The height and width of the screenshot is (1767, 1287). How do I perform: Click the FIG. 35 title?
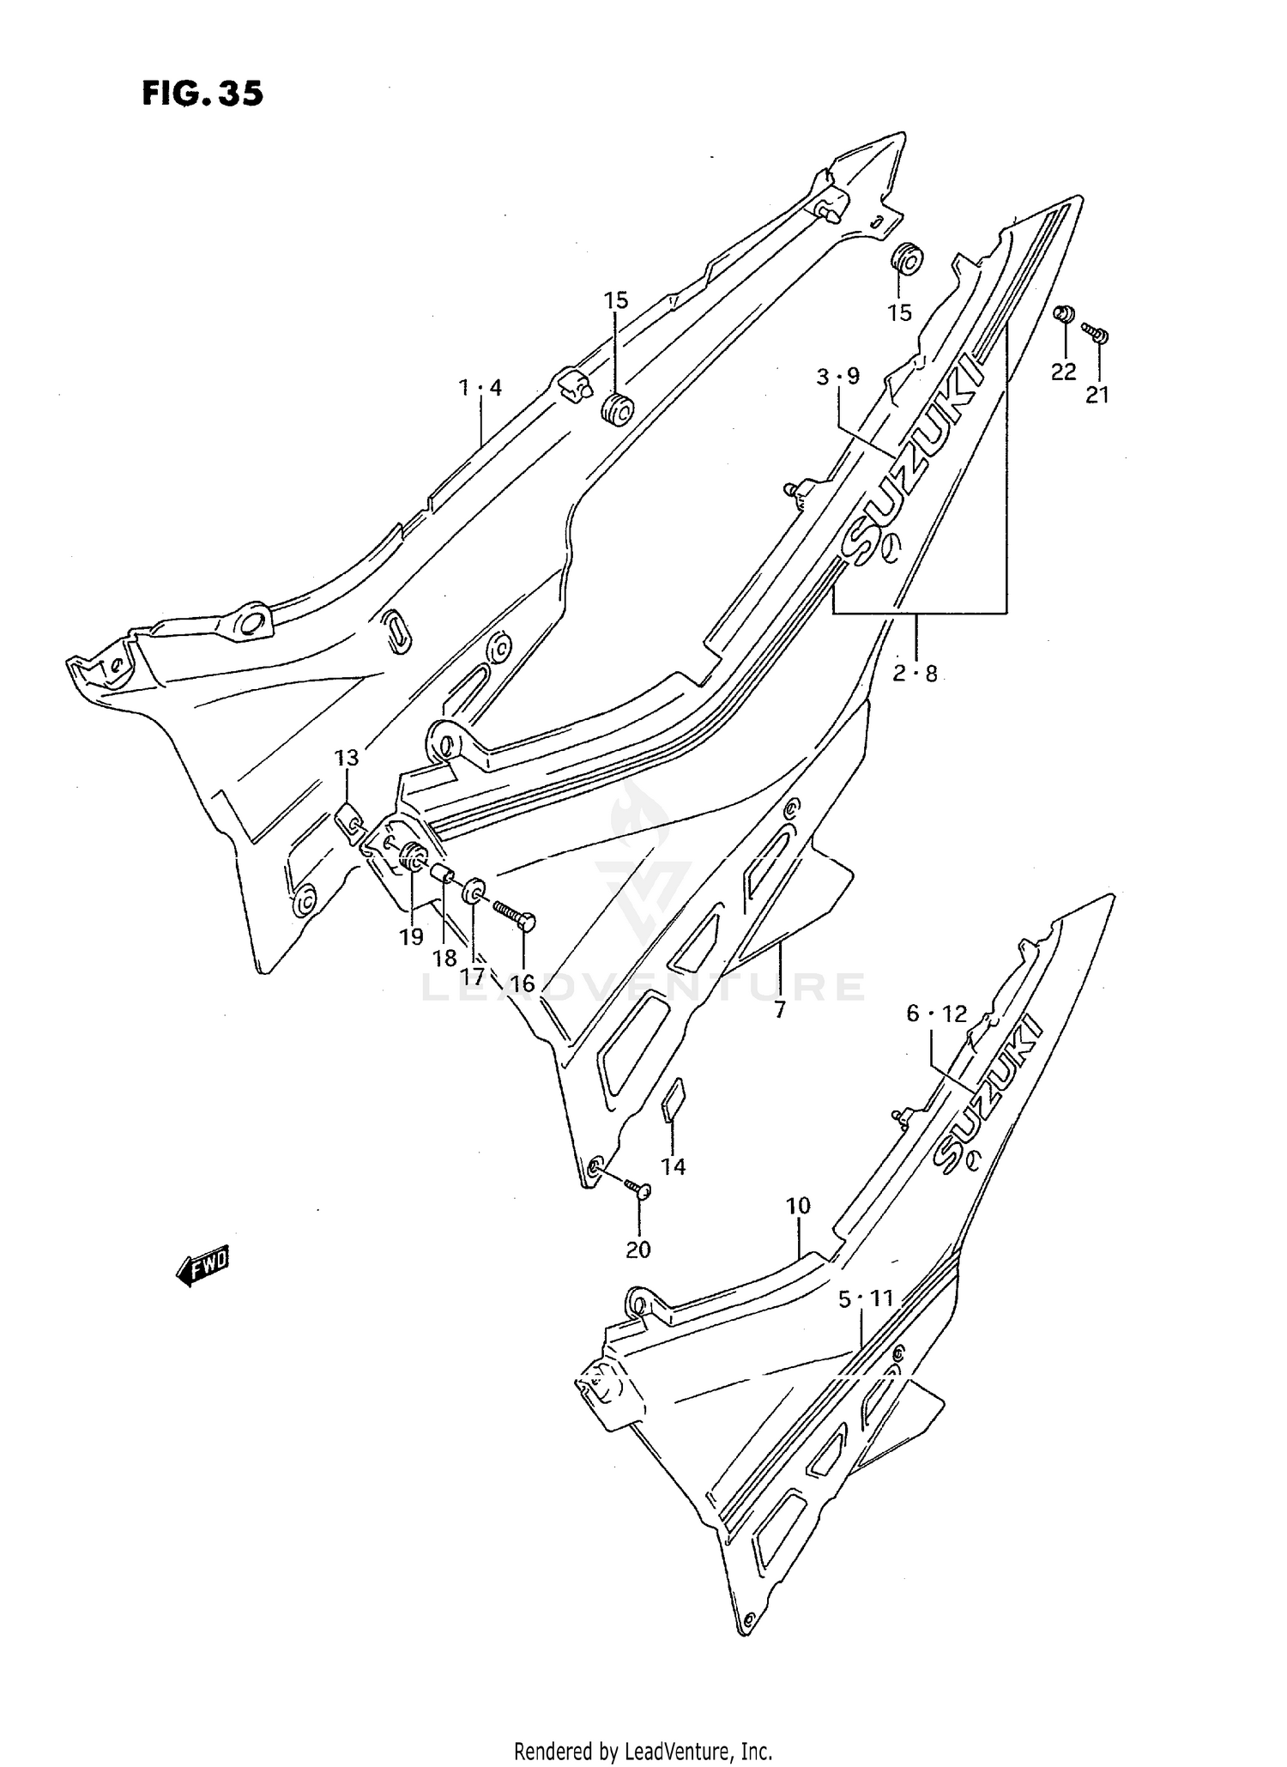click(x=202, y=94)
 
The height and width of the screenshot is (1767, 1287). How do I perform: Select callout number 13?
click(x=347, y=758)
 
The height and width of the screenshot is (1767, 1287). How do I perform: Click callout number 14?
click(x=674, y=1166)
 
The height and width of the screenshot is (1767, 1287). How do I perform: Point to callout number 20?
click(x=638, y=1250)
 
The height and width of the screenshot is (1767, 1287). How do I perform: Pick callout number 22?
click(x=1064, y=372)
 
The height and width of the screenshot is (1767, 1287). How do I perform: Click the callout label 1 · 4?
click(x=480, y=388)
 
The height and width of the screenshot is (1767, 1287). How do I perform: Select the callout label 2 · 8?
click(x=915, y=674)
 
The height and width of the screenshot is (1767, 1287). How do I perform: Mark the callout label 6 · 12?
click(x=937, y=1014)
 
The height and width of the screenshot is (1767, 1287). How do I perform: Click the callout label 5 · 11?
click(x=867, y=1299)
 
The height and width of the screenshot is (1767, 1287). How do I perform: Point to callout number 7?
click(x=779, y=1010)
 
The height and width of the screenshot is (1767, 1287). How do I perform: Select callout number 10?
click(x=798, y=1206)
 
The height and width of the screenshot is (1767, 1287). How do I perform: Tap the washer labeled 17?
click(x=473, y=892)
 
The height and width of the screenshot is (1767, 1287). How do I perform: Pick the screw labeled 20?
click(x=637, y=1187)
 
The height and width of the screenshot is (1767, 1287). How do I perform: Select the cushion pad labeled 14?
click(x=673, y=1099)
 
